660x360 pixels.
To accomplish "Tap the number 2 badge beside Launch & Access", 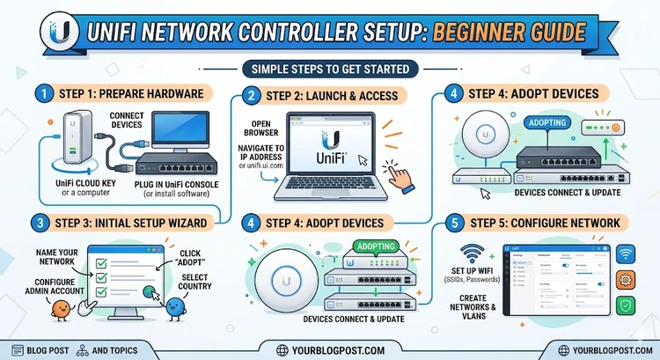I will [253, 95].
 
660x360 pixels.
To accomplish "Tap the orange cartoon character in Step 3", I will [61, 309].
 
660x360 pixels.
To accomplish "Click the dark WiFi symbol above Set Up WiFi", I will [469, 254].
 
